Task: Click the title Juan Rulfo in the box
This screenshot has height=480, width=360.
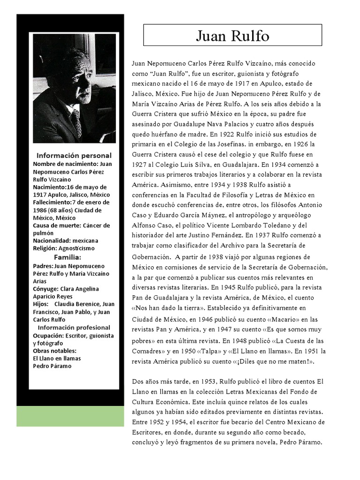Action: (232, 35)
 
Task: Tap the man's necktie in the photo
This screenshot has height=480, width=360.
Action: (76, 122)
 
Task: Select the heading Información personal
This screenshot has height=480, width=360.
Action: (74, 155)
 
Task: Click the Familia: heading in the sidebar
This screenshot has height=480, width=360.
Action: (67, 257)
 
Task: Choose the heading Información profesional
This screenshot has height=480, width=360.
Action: (74, 328)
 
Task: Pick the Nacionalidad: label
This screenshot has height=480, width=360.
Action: (52, 240)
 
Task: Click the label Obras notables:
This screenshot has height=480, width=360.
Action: (54, 351)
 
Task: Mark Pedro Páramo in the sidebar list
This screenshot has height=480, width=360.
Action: (52, 366)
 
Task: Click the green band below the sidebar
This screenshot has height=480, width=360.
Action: (70, 416)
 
